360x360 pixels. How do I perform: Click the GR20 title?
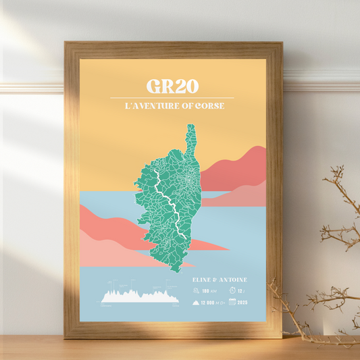tap(172, 86)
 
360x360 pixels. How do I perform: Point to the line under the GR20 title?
tap(172, 98)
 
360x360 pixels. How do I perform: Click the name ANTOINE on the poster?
tap(232, 280)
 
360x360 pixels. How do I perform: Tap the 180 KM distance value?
tap(207, 291)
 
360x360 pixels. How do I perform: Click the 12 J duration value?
tap(242, 291)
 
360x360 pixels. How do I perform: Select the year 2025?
tap(242, 302)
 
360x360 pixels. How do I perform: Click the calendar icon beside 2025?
tap(232, 302)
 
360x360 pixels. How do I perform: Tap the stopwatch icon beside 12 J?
tap(232, 290)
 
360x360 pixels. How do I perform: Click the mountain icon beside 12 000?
tap(195, 302)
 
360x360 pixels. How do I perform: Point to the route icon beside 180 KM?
tap(195, 291)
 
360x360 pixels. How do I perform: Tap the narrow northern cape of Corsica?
tap(191, 138)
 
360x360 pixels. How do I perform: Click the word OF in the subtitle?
tap(184, 106)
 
